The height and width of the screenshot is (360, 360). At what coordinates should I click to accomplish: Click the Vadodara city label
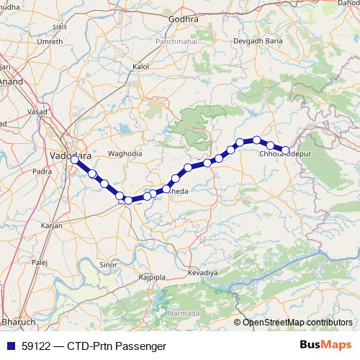(69, 154)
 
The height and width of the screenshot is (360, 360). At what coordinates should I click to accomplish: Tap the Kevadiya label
(202, 273)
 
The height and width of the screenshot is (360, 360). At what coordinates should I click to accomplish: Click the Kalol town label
(141, 66)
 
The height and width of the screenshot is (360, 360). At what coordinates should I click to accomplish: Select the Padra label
(42, 171)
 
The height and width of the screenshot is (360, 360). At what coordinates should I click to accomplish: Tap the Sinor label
(108, 265)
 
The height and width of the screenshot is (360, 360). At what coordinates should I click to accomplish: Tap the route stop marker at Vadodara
(74, 161)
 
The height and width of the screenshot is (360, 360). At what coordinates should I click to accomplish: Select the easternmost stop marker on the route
(286, 150)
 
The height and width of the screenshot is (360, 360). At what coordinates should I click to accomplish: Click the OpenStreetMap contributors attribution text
(297, 322)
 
